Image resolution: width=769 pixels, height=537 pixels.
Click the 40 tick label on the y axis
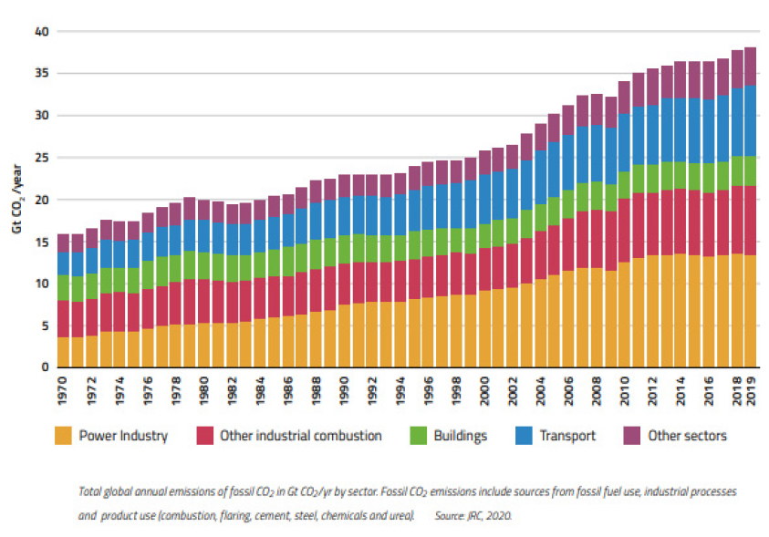(40, 32)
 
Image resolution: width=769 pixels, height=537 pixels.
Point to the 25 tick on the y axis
(40, 158)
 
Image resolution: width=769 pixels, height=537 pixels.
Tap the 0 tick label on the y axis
(43, 367)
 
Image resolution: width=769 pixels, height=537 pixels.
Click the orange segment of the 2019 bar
(751, 311)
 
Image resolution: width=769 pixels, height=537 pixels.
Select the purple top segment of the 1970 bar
(64, 243)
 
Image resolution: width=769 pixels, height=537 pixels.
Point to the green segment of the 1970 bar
(64, 287)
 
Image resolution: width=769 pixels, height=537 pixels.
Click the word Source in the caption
(452, 516)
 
